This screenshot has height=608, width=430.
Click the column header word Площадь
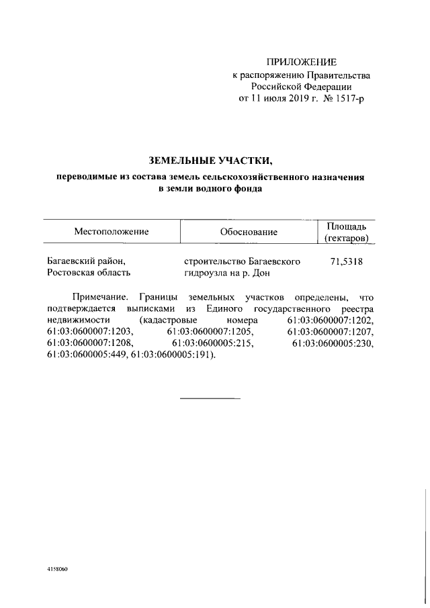click(346, 226)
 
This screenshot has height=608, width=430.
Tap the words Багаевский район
click(86, 261)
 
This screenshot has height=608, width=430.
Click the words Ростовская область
click(89, 273)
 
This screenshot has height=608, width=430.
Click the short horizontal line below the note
click(210, 400)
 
